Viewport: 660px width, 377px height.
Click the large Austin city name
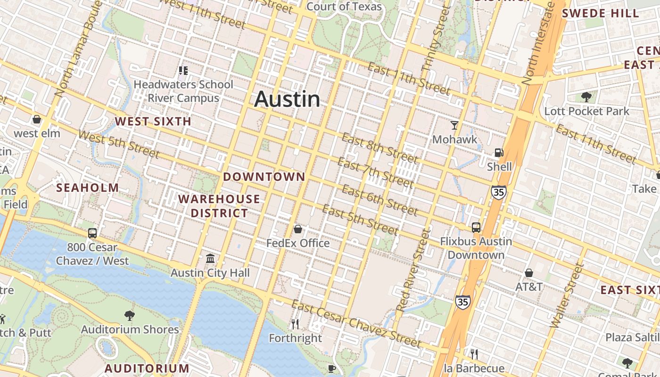[x=287, y=99]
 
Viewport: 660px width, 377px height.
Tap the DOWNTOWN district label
[x=264, y=177]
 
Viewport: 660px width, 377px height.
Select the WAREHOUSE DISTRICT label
[x=219, y=206]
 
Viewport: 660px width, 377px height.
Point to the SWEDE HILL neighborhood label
[x=600, y=13]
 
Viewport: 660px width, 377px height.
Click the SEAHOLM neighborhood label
[x=88, y=188]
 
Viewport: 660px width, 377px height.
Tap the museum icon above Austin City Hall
[x=210, y=259]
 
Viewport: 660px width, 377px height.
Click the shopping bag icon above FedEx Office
[x=298, y=229]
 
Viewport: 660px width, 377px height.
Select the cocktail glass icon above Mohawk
[x=454, y=125]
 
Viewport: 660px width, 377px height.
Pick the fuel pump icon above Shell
[x=499, y=153]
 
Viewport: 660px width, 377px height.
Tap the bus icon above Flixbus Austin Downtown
[x=476, y=228]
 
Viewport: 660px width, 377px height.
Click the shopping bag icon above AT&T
[x=529, y=273]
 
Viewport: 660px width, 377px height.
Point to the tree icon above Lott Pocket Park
[x=586, y=97]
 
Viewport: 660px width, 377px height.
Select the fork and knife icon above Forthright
[x=295, y=324]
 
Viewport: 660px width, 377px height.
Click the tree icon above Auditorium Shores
[x=130, y=315]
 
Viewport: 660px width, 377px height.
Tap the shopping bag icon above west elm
[x=37, y=120]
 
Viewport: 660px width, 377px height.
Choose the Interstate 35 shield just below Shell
[x=498, y=192]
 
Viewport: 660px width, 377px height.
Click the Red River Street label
[x=414, y=270]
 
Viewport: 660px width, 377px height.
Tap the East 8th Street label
[x=380, y=147]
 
